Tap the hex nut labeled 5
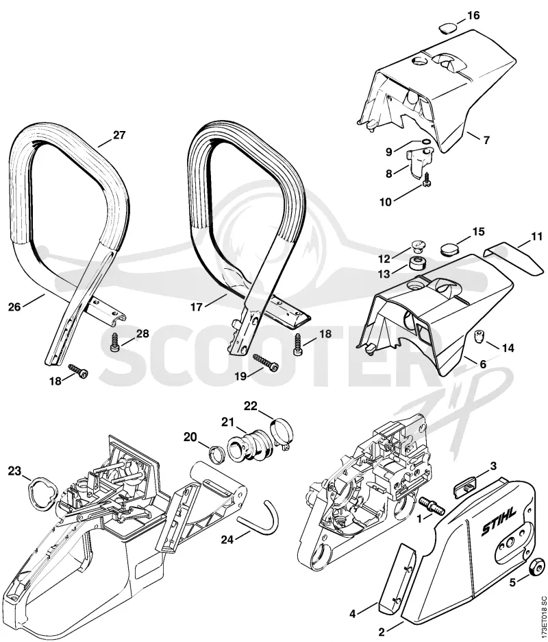tap(536, 567)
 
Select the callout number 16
tap(473, 16)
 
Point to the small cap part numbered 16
tap(447, 27)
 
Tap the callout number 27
tap(119, 135)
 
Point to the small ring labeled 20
tap(218, 453)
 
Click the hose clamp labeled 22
tap(281, 432)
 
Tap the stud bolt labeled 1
tap(430, 503)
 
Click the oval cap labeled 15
tap(449, 249)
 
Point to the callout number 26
tap(14, 307)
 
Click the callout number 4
tap(353, 614)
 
